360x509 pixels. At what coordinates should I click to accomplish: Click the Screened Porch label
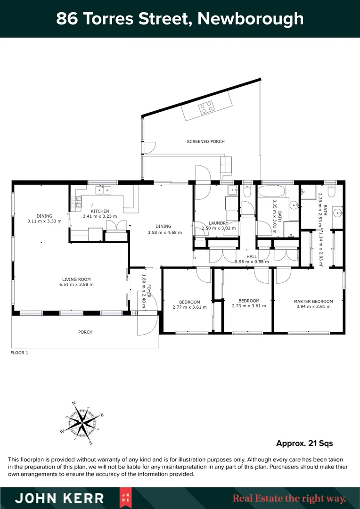tap(205, 141)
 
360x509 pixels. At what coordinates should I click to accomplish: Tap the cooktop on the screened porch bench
tap(206, 108)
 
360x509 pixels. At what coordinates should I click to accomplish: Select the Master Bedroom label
tap(313, 301)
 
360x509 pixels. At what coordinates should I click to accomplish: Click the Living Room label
tap(76, 279)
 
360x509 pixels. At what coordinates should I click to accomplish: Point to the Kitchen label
tap(100, 211)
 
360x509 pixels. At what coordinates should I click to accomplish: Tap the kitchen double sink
tap(103, 190)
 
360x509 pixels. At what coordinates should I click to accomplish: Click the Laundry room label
tap(218, 223)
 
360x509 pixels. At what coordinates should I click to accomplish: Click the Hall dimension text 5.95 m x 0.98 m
tap(252, 262)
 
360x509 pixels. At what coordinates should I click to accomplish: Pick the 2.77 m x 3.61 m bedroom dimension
tap(189, 306)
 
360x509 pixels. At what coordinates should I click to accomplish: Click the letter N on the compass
tap(74, 403)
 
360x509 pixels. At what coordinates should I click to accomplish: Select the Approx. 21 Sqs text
tap(304, 443)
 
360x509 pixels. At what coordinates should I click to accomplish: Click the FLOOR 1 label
tap(19, 352)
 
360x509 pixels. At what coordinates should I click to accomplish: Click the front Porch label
tap(85, 332)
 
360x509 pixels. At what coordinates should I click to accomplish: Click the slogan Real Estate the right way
tap(289, 498)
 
